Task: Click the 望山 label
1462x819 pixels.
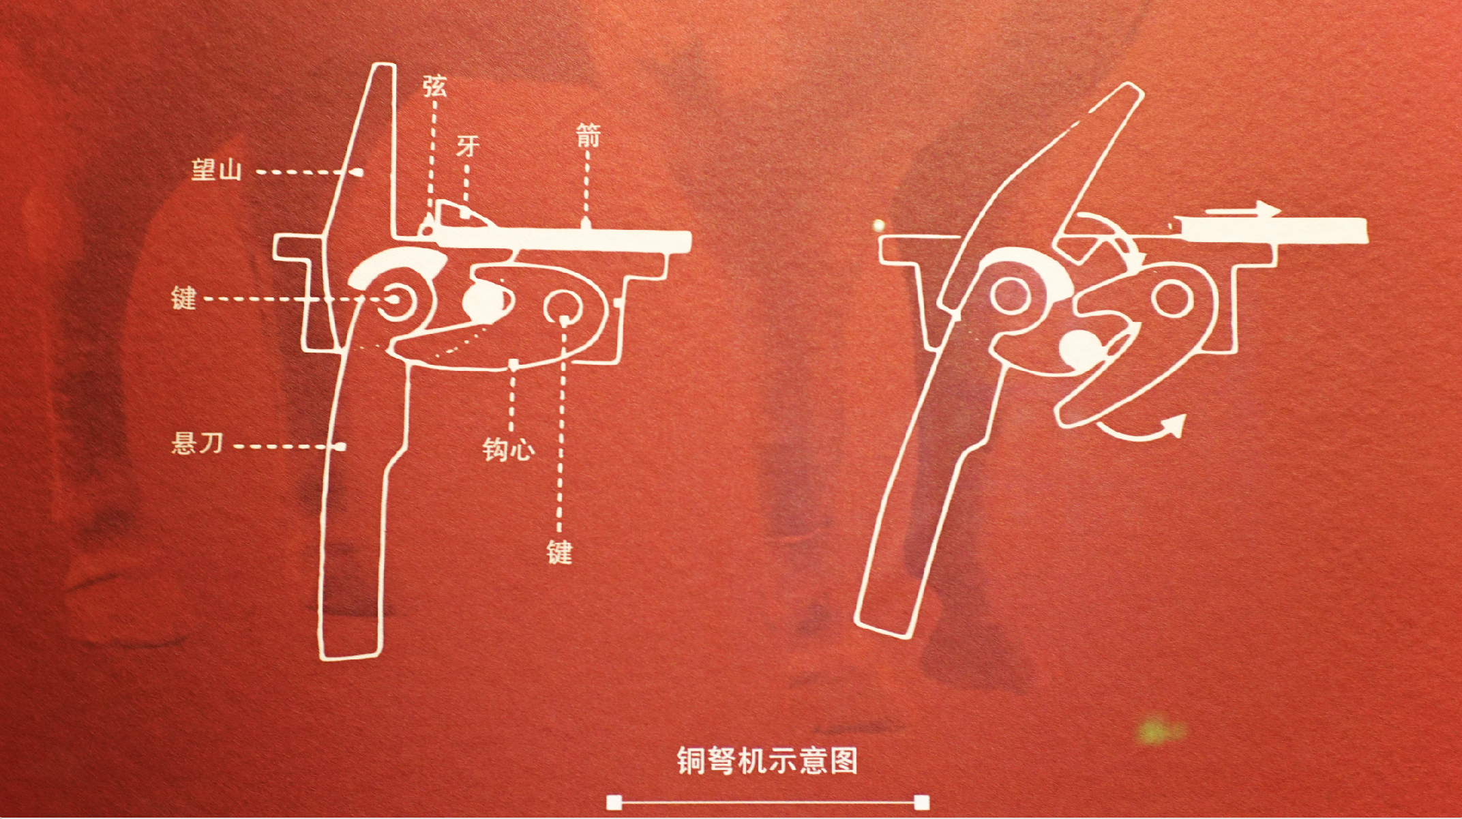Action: pos(217,168)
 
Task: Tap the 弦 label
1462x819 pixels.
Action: pos(434,86)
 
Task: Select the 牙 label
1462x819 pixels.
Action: pos(468,146)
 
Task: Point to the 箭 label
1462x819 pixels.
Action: pos(588,136)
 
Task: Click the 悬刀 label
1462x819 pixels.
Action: pos(198,443)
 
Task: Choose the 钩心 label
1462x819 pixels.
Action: pos(508,449)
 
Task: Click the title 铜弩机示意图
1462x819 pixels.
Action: pos(767,760)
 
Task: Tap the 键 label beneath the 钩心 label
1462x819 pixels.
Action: pos(559,551)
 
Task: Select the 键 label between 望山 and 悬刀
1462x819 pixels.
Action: pos(184,298)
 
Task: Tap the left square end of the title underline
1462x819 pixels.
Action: pos(614,802)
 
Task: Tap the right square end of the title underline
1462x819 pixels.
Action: pos(922,802)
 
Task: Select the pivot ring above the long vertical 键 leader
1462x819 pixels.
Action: pos(564,308)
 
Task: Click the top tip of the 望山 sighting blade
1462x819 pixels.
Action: pos(384,65)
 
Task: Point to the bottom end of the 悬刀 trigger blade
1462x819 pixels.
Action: pos(349,657)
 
